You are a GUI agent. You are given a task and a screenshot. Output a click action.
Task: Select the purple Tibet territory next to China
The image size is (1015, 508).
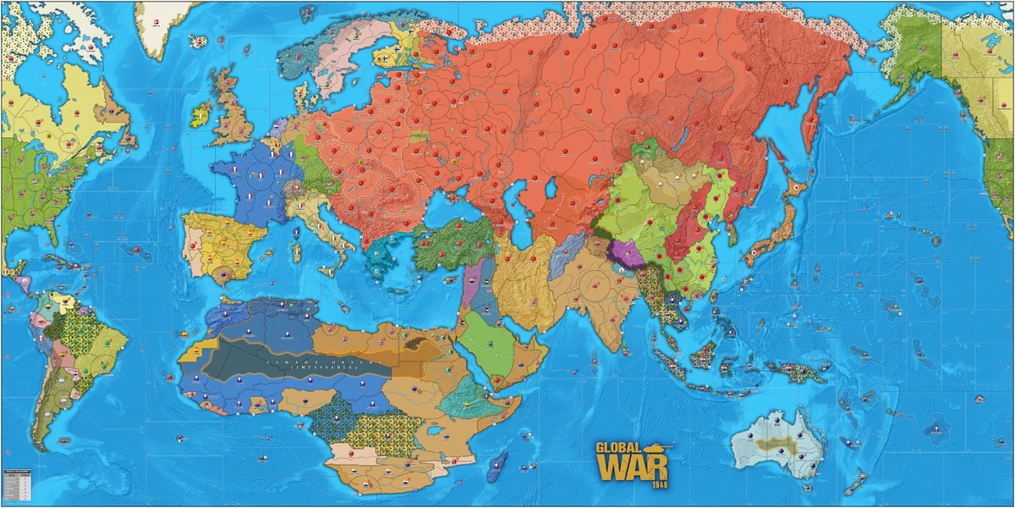(627, 252)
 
